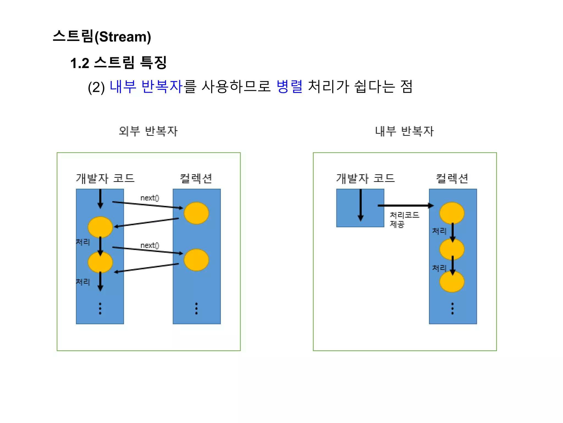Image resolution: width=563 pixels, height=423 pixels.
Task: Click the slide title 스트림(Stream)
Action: coord(102,36)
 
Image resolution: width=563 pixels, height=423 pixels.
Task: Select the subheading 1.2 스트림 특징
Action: coord(118,63)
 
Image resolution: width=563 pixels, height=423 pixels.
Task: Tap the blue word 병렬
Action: coord(289,86)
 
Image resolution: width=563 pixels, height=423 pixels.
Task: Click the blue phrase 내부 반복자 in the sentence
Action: coord(146,86)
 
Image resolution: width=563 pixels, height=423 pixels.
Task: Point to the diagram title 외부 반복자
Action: coord(148,131)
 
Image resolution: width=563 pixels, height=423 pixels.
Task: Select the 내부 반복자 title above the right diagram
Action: coord(404,131)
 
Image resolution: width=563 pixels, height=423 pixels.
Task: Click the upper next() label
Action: coord(150,198)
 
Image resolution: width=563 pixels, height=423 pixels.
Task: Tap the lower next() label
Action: coord(150,245)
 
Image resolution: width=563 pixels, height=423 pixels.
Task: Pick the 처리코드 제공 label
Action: coord(404,219)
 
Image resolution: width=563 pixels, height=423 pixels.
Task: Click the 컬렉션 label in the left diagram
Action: coord(196,178)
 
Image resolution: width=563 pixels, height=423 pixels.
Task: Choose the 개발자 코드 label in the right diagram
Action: coord(365,178)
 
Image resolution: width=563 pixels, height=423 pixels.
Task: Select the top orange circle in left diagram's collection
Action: coord(196,213)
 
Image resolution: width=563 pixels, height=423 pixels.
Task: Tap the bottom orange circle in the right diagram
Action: coord(452,282)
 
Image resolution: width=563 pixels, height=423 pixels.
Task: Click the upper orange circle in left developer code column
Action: coord(100,227)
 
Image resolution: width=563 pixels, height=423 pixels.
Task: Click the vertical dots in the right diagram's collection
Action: coord(452,308)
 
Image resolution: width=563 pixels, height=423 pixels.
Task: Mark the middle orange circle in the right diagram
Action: coord(452,249)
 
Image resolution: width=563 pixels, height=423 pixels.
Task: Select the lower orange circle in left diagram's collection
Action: coord(196,260)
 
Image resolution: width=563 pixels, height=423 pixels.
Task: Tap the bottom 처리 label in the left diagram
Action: coord(83,282)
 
